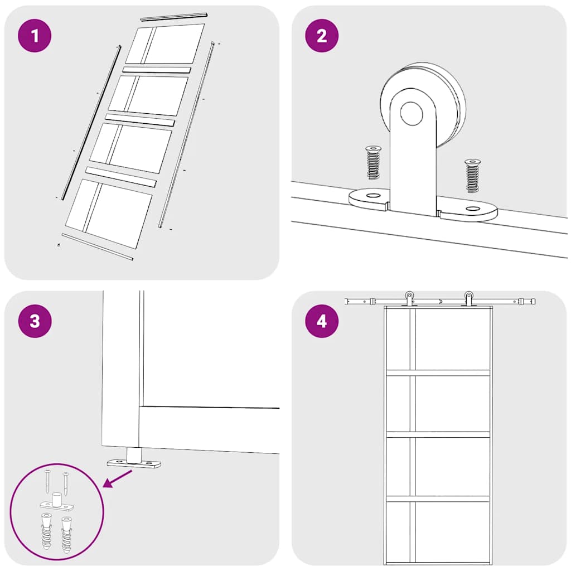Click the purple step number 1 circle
(35, 36)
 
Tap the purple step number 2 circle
(322, 36)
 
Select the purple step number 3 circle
(35, 321)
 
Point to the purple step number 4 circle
(322, 321)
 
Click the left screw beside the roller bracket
(373, 162)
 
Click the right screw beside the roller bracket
(472, 176)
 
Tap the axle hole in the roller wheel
(412, 113)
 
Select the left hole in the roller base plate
(372, 196)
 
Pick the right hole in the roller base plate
(472, 209)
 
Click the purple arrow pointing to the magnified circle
(118, 478)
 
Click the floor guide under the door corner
(134, 458)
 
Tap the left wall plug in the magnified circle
(46, 531)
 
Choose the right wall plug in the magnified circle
(67, 534)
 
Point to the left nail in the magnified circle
(48, 482)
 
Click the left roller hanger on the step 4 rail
(409, 299)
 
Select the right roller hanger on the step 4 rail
(468, 299)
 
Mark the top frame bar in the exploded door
(174, 17)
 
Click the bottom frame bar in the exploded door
(97, 247)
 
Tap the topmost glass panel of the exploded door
(165, 44)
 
